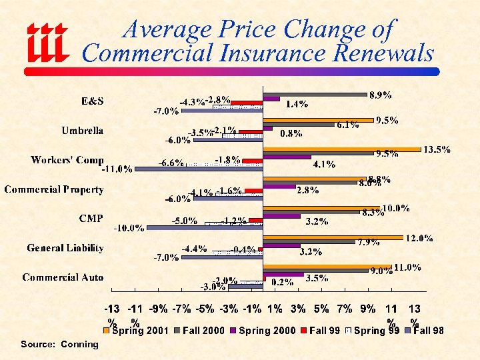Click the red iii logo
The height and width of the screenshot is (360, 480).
(x=46, y=41)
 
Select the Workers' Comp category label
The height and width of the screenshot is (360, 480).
(x=67, y=160)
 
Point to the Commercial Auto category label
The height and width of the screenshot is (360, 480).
(x=63, y=277)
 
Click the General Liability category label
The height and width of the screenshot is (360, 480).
(x=65, y=248)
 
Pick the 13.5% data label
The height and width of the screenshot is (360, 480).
(x=437, y=149)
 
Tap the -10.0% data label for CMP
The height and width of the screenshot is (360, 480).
(x=129, y=228)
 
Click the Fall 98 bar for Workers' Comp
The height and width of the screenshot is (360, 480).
(x=199, y=169)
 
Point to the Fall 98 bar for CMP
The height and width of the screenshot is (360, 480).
(x=205, y=228)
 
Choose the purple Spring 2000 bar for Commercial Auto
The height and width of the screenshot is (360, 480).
(x=284, y=275)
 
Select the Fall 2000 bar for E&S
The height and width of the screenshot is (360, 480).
(x=315, y=95)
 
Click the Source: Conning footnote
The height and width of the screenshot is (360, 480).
(x=59, y=344)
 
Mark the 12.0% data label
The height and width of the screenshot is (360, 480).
(x=420, y=238)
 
